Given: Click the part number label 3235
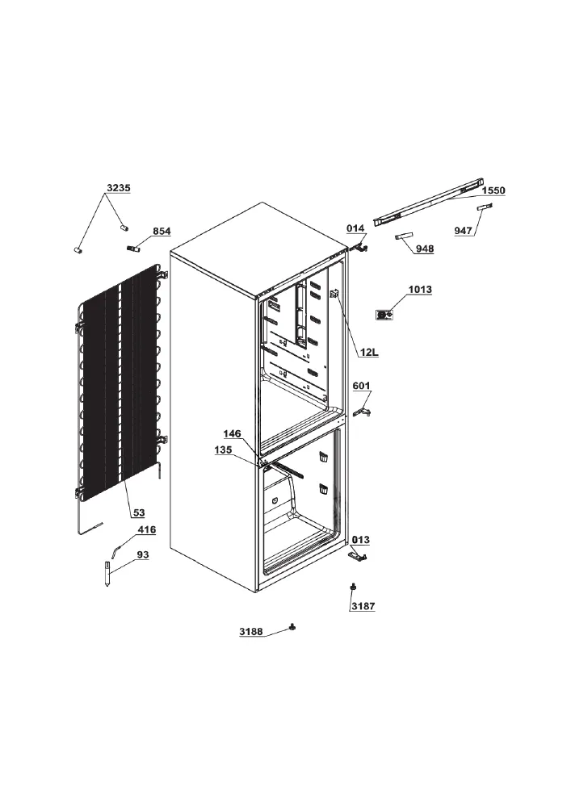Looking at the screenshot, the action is pyautogui.click(x=119, y=188).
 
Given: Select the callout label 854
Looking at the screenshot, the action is pyautogui.click(x=162, y=231).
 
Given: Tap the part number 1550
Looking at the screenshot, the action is pyautogui.click(x=493, y=190).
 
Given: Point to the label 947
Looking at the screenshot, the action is pyautogui.click(x=464, y=231).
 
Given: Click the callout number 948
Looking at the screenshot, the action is pyautogui.click(x=425, y=249).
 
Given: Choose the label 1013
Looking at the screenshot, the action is pyautogui.click(x=420, y=290).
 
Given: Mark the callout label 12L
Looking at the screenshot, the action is pyautogui.click(x=369, y=353).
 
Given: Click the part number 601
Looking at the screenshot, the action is pyautogui.click(x=362, y=386).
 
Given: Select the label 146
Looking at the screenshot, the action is pyautogui.click(x=233, y=434).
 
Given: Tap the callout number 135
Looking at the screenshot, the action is pyautogui.click(x=224, y=449).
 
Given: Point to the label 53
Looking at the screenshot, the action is pyautogui.click(x=139, y=512).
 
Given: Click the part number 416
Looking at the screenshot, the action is pyautogui.click(x=147, y=529).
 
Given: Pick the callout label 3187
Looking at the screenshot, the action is pyautogui.click(x=363, y=606).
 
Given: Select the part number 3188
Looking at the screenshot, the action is pyautogui.click(x=250, y=632).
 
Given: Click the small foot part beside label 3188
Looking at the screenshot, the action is pyautogui.click(x=293, y=627).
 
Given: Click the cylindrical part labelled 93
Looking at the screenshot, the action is pyautogui.click(x=107, y=575).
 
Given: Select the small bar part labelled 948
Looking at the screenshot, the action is pyautogui.click(x=404, y=236).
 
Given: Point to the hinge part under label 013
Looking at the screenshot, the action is pyautogui.click(x=357, y=556).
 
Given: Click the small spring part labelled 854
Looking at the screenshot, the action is pyautogui.click(x=132, y=249).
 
